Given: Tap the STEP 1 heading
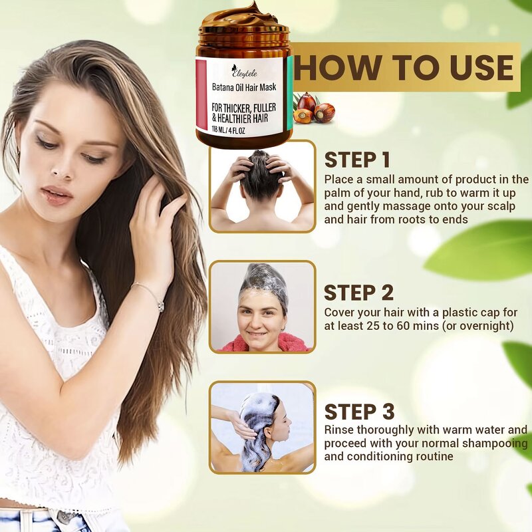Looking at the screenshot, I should point(357,160).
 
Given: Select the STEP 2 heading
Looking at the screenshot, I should point(358,293).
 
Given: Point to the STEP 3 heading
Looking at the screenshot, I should point(359,411).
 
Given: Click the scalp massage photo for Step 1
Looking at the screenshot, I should point(262,186).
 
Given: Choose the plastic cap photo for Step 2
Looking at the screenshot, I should point(262,307).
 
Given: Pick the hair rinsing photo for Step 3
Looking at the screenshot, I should point(262,427).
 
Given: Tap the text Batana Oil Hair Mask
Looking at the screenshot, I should point(244,86).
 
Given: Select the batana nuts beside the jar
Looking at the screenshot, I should point(313,108).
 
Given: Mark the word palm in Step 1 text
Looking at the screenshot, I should point(339,193).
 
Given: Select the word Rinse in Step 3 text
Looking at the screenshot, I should point(339,430).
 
